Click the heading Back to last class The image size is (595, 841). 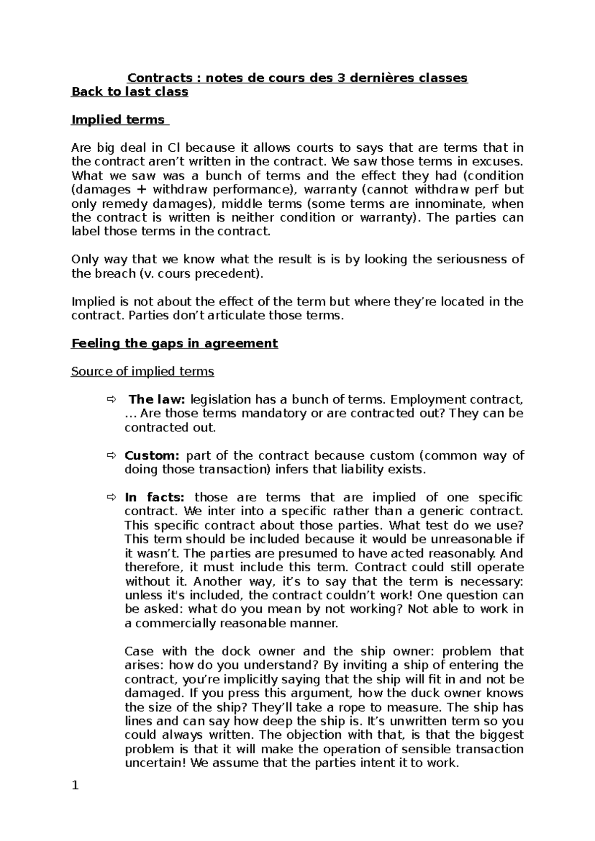pyautogui.click(x=130, y=92)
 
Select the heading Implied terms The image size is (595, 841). pyautogui.click(x=119, y=120)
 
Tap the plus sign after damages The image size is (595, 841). pyautogui.click(x=142, y=190)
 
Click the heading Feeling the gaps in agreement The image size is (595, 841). pyautogui.click(x=175, y=344)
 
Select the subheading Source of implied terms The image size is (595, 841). pyautogui.click(x=143, y=371)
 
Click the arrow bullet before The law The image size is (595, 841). pyautogui.click(x=110, y=400)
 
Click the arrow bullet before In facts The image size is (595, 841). pyautogui.click(x=110, y=498)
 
